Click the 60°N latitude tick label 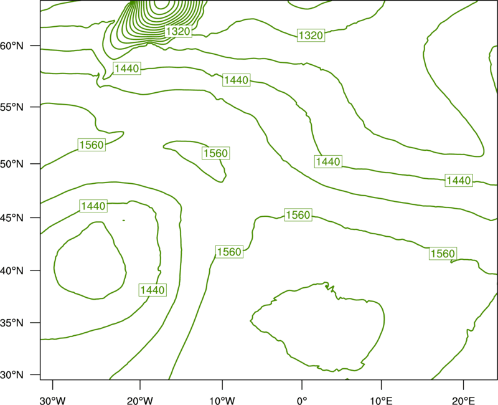click(x=12, y=46)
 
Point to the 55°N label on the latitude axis click(x=12, y=107)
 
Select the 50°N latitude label click(x=12, y=164)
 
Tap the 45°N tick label click(x=12, y=218)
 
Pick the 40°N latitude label click(x=12, y=271)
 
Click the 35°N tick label click(x=12, y=323)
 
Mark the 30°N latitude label click(x=12, y=375)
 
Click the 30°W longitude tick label click(x=53, y=401)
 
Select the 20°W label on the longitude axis click(x=140, y=401)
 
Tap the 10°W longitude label click(x=222, y=401)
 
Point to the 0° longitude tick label click(x=302, y=401)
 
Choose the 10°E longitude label click(x=381, y=401)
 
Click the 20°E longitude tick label click(x=463, y=401)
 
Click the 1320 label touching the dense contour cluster click(x=178, y=31)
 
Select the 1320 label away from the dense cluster click(x=311, y=35)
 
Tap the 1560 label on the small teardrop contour click(x=215, y=153)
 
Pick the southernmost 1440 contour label click(x=153, y=290)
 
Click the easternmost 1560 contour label click(x=443, y=254)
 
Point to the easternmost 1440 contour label click(x=459, y=181)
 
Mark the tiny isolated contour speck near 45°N click(x=123, y=221)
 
